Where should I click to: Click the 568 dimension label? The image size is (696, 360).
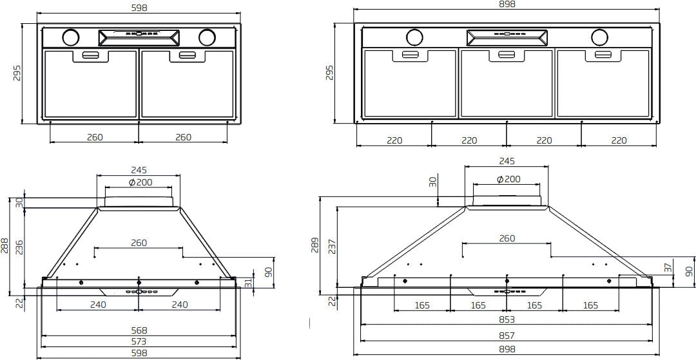point(139,330)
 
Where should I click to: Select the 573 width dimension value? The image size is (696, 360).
point(139,341)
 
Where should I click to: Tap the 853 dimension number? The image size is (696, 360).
point(507,319)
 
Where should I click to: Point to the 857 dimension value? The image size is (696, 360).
point(507,336)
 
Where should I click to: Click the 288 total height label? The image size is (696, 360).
point(6,243)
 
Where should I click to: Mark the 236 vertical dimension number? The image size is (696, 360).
point(19,247)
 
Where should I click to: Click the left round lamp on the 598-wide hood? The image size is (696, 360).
point(70,37)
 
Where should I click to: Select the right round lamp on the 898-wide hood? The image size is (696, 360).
point(599,37)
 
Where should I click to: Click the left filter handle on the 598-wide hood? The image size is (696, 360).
point(91,55)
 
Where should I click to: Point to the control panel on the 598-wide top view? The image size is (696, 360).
point(139,37)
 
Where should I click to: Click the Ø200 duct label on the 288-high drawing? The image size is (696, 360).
point(140,182)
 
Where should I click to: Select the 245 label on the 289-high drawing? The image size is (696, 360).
point(507,162)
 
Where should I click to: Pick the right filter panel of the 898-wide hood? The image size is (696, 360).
point(603,84)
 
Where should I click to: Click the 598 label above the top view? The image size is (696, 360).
point(139,8)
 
